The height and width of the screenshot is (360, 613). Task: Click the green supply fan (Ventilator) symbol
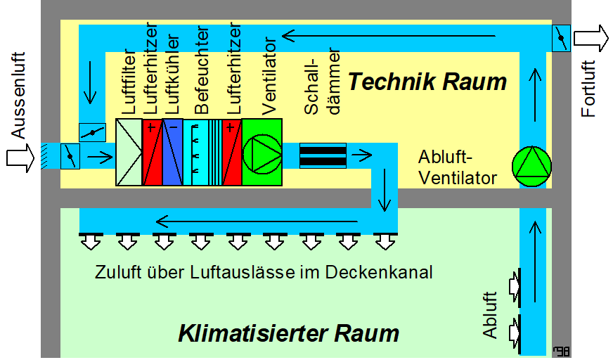(x=262, y=152)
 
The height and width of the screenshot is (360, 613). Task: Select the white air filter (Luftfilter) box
(x=129, y=152)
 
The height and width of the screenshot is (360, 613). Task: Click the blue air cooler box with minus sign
(x=172, y=152)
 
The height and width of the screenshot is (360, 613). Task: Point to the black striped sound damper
(x=323, y=155)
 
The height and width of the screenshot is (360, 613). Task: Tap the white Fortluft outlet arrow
(x=591, y=37)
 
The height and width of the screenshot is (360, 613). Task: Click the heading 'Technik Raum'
(x=427, y=82)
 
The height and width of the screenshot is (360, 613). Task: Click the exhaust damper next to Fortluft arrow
(x=561, y=37)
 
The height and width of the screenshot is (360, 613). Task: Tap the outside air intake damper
(x=70, y=155)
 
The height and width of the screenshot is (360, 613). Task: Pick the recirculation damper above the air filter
(x=92, y=131)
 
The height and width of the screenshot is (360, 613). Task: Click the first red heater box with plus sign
(x=152, y=152)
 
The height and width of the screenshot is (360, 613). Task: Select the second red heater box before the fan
(x=232, y=152)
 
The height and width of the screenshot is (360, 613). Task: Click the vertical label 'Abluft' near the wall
(x=490, y=315)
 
